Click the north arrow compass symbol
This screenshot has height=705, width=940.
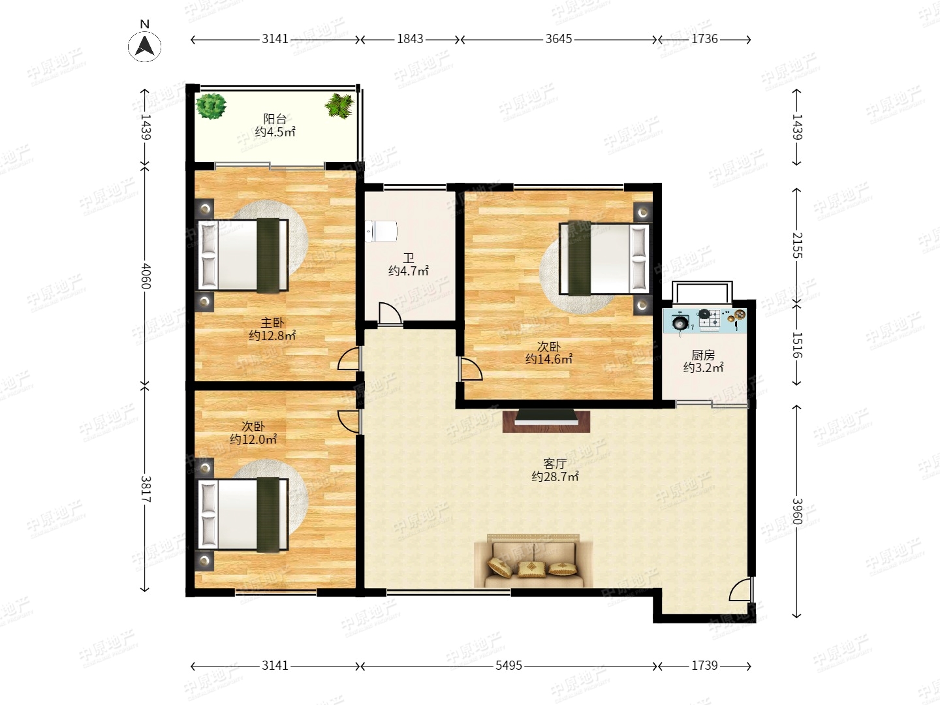[x=145, y=46]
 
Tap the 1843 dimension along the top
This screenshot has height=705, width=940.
[x=410, y=39]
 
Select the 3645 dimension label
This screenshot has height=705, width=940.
[x=558, y=39]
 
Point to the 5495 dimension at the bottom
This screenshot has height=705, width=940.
[x=509, y=665]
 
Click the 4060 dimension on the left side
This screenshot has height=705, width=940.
[x=146, y=276]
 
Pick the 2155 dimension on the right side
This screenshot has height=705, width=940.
[x=796, y=245]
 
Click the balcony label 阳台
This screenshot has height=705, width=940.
[x=275, y=119]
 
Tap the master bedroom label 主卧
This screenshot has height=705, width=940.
[x=272, y=322]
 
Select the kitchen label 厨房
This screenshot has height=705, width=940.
[x=703, y=355]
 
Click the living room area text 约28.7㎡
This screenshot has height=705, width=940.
[x=555, y=477]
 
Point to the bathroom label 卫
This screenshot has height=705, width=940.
[x=409, y=258]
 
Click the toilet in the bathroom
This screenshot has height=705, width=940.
[x=381, y=231]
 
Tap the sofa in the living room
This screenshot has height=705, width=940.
[x=533, y=560]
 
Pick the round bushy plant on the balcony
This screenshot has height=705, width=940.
[x=211, y=106]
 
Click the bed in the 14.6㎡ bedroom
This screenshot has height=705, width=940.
[x=604, y=258]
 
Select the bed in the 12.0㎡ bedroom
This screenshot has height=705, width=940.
[x=243, y=515]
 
